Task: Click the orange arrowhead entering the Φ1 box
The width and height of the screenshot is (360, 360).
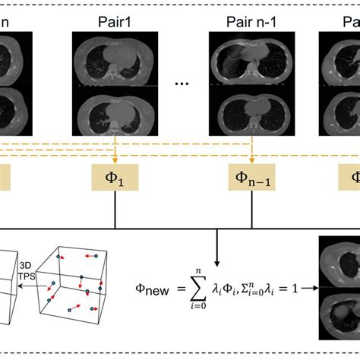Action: [114, 162]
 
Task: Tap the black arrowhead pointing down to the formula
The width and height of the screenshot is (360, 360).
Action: [218, 260]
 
